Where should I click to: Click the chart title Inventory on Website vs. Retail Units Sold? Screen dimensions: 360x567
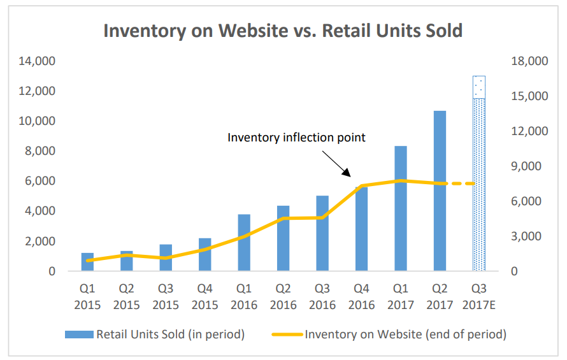click(283, 31)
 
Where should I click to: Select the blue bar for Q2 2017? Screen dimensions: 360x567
click(440, 191)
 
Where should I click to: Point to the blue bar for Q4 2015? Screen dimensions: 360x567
click(205, 258)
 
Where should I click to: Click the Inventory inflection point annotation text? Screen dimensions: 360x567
click(296, 137)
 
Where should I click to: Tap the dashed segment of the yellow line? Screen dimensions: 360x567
click(459, 184)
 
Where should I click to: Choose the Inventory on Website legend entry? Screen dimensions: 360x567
click(389, 333)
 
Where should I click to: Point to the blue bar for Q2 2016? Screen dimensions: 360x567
click(283, 239)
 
